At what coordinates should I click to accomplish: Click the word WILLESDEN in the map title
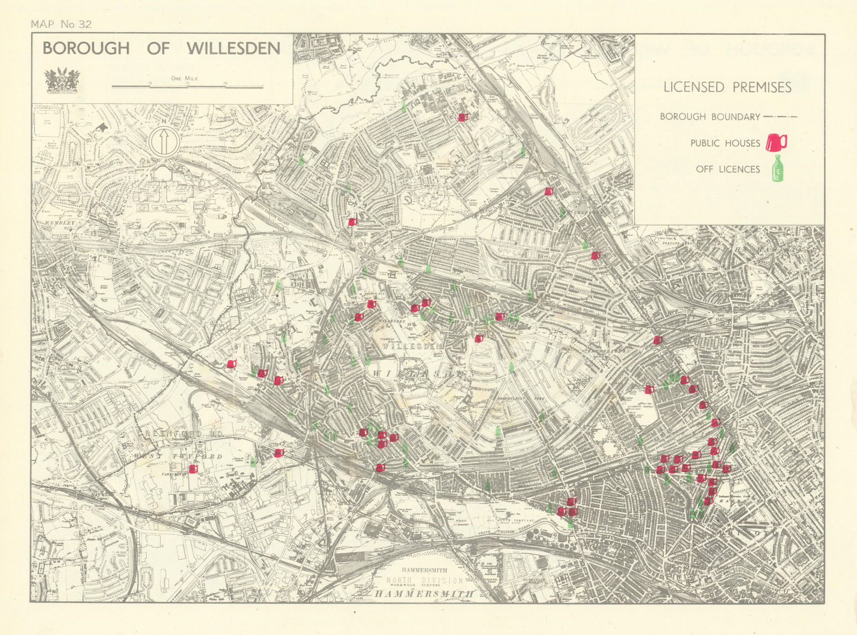coord(234,49)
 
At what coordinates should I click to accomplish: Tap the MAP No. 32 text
coord(62,24)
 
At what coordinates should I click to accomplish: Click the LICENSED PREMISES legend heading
coord(727,87)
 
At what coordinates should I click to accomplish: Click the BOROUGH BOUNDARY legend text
coord(710,117)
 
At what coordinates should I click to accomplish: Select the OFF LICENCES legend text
coord(727,169)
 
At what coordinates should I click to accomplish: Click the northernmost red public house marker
coord(463,117)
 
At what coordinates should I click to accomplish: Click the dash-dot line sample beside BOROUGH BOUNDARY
coord(781,117)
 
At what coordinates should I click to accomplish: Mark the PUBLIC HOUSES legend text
coord(725,143)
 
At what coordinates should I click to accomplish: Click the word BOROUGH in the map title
coord(86,49)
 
